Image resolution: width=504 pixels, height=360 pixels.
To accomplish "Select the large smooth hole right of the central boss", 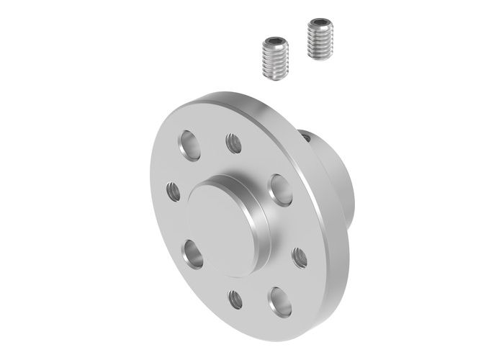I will [x=280, y=190].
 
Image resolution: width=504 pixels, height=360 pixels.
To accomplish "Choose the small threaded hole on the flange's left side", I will [x=174, y=192].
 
